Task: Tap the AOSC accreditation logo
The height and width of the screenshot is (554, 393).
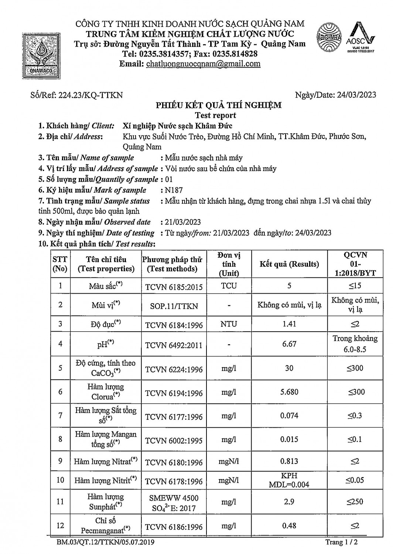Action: point(361,38)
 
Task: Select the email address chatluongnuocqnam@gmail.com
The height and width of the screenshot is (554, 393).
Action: point(203,64)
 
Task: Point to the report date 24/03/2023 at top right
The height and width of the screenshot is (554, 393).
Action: point(356,95)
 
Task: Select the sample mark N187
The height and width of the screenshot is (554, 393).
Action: point(174,190)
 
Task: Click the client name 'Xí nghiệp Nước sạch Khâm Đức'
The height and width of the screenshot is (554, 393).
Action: point(178,126)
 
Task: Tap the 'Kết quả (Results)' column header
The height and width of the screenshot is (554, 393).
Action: point(289,264)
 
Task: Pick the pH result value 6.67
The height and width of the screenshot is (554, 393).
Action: point(289,344)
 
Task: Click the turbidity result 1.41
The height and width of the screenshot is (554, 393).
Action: point(289,324)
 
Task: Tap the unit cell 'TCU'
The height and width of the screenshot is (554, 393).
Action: point(229,285)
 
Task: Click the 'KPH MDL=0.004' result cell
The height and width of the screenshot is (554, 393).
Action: point(289,480)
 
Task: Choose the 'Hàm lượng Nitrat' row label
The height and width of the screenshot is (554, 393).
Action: point(106,461)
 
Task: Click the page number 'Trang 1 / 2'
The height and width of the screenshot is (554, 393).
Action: point(342,542)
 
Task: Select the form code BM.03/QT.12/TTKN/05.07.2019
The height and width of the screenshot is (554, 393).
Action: point(106,542)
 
